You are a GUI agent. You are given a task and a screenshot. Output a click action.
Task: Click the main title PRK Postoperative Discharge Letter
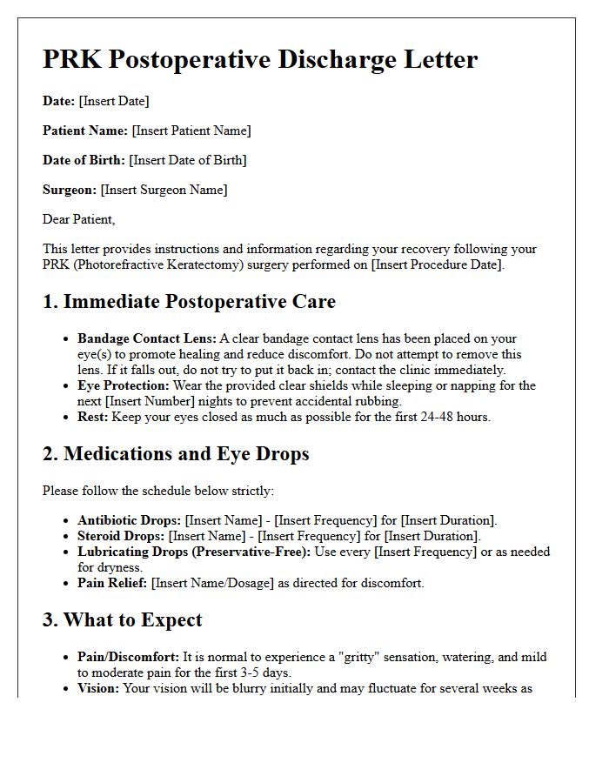(260, 60)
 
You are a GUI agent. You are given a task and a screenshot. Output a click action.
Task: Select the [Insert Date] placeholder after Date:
(114, 101)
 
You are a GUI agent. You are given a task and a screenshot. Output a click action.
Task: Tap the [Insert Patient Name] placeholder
(191, 130)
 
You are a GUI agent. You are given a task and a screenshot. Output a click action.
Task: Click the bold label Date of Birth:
(84, 160)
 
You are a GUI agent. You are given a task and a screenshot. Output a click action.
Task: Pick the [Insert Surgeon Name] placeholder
(164, 190)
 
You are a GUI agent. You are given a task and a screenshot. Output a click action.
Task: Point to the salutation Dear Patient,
(79, 219)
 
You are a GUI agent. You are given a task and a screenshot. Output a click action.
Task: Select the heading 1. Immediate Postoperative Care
(189, 302)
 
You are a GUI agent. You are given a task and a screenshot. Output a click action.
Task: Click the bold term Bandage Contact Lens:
(147, 338)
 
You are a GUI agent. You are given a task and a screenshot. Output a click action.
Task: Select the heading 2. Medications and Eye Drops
(176, 454)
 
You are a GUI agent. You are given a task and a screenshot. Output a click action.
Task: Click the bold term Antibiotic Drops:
(130, 520)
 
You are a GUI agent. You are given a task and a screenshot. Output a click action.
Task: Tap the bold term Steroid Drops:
(121, 536)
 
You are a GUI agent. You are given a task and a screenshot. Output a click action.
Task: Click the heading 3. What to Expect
(123, 620)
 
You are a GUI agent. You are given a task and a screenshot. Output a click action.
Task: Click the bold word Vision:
(99, 688)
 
